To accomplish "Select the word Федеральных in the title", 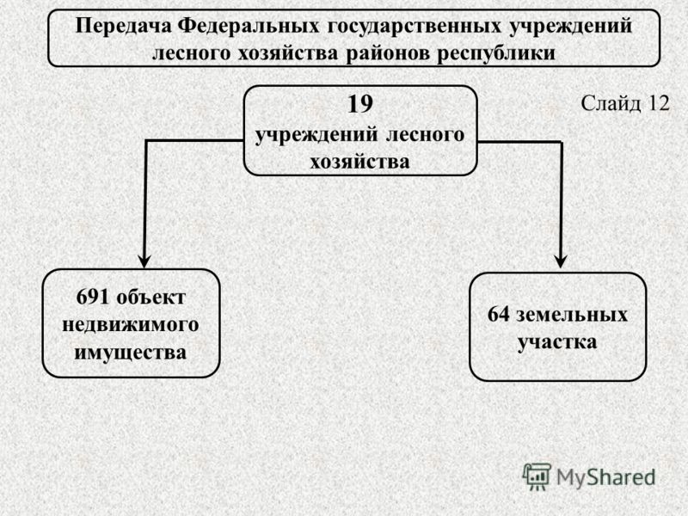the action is pyautogui.click(x=249, y=27).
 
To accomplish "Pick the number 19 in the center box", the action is pyautogui.click(x=360, y=104).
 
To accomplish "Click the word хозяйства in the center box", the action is pyautogui.click(x=359, y=162).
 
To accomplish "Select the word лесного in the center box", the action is pyautogui.click(x=425, y=134).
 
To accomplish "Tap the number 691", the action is pyautogui.click(x=93, y=297).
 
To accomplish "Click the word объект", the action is pyautogui.click(x=151, y=298).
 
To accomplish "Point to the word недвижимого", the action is pyautogui.click(x=131, y=326).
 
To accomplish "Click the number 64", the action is pyautogui.click(x=499, y=315).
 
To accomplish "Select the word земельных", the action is pyautogui.click(x=572, y=316).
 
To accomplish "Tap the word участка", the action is pyautogui.click(x=557, y=342).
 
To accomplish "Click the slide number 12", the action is pyautogui.click(x=659, y=103).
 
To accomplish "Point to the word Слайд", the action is pyautogui.click(x=612, y=104).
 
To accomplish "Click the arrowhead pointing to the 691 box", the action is pyautogui.click(x=144, y=261).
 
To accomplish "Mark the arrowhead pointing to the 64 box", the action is pyautogui.click(x=561, y=261).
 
